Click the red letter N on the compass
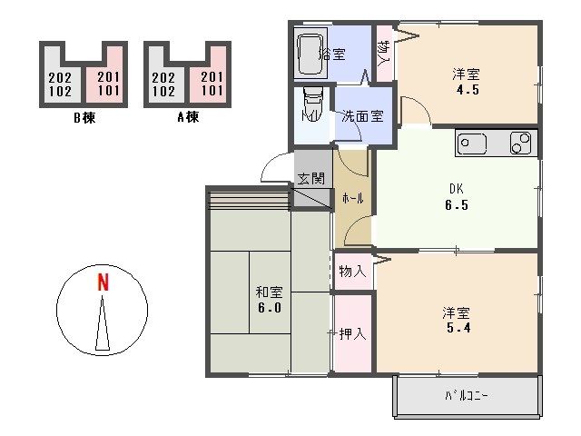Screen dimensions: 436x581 (103, 282)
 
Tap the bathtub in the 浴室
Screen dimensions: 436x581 (310, 54)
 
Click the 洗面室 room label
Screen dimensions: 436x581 (361, 116)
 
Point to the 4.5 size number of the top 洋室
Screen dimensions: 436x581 (467, 90)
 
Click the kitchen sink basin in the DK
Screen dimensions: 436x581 (472, 144)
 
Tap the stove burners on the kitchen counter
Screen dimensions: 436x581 (521, 144)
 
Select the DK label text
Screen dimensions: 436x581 (456, 189)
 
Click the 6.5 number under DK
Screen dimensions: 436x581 (456, 205)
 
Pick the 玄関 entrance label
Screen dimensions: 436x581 (310, 178)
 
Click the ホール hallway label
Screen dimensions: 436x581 (352, 198)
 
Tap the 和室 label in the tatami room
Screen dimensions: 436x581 (268, 292)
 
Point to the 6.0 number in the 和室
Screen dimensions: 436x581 (269, 308)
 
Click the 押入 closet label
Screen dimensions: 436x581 (352, 333)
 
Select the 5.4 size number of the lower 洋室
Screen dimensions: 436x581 (456, 329)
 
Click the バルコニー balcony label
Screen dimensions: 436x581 (467, 395)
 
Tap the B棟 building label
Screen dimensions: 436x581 (85, 115)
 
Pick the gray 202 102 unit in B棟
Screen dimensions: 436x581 (59, 84)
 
